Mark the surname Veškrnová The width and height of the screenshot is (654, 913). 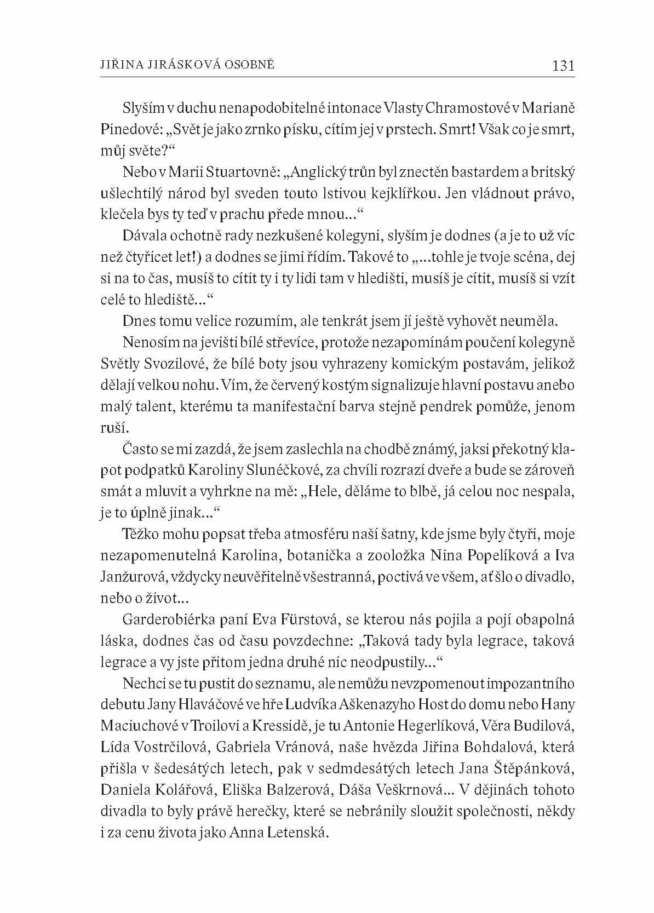tap(410, 790)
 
